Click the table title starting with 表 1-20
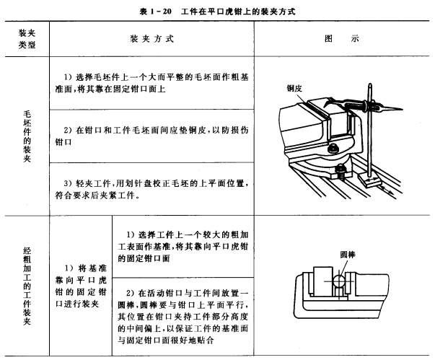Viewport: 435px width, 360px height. point(217,12)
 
